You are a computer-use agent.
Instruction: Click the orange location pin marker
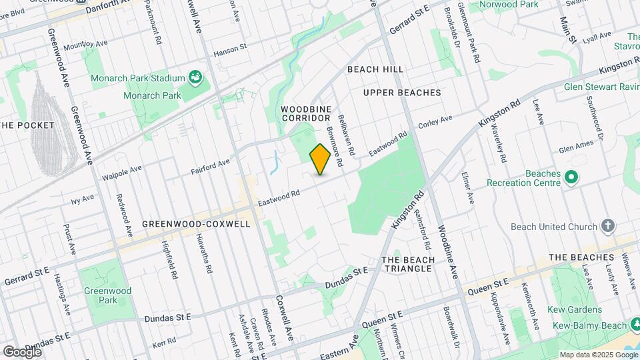click(x=320, y=159)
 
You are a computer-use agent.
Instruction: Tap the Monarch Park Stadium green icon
click(x=195, y=78)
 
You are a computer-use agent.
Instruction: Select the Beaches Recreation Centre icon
click(x=571, y=177)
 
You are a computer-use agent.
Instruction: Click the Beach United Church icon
click(x=607, y=226)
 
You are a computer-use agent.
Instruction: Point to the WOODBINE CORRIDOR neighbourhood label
click(x=306, y=113)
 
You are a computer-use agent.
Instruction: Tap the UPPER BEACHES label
click(x=402, y=93)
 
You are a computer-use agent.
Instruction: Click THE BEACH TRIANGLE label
click(x=407, y=264)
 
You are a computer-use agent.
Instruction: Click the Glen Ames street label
click(x=575, y=150)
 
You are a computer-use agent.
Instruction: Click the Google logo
click(x=22, y=351)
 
